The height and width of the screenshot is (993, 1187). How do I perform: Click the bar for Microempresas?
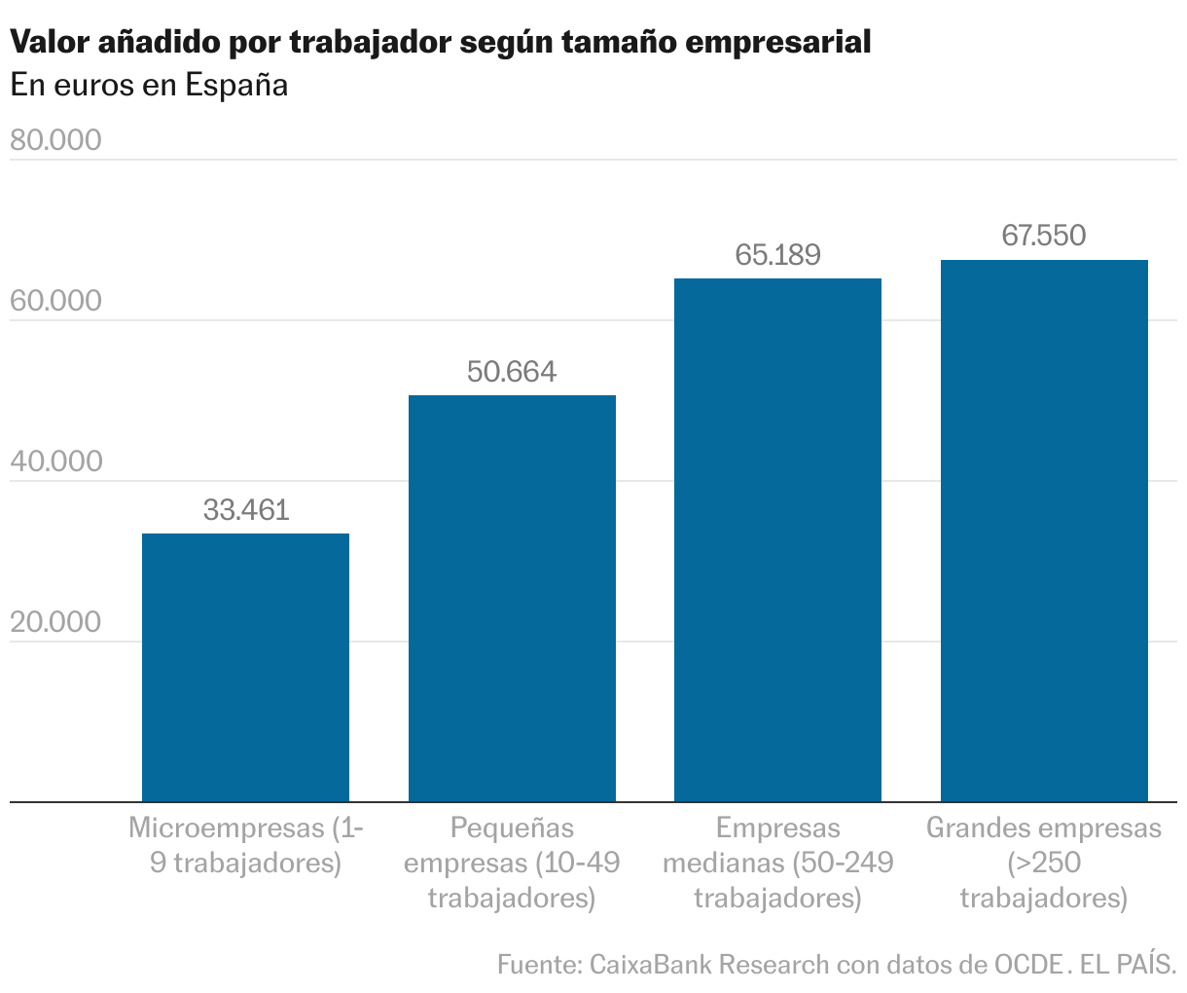245,668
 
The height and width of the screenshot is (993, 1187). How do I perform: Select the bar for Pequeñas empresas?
512,599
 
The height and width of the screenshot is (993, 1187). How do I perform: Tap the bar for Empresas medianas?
777,540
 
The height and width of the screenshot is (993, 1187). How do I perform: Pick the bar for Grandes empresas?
1044,531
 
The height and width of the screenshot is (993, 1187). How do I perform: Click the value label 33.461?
246,509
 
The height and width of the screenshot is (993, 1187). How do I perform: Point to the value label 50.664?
512,372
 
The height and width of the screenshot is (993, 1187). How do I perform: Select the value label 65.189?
777,255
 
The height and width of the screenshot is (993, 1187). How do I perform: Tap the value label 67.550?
1044,236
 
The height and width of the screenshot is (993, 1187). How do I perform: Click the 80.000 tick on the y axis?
55,140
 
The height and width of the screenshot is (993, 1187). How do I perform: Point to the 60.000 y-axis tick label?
55,301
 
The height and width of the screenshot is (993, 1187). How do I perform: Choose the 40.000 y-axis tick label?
55,461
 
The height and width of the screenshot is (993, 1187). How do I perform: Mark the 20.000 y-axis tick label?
55,622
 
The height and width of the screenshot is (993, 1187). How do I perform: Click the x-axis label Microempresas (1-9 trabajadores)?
246,845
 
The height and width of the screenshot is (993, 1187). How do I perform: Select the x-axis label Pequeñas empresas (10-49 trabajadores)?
512,863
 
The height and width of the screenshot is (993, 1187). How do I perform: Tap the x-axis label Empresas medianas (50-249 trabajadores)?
777,863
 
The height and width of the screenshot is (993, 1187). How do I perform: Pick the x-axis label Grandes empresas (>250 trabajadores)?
1044,863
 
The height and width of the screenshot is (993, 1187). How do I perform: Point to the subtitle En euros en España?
149,86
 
